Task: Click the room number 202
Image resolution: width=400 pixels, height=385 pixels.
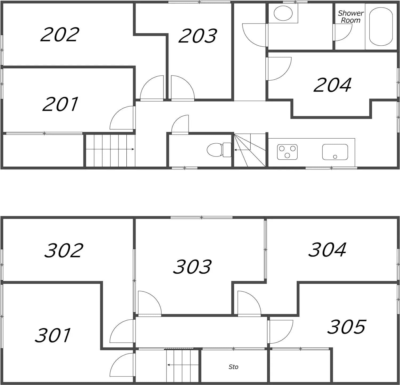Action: click(x=60, y=34)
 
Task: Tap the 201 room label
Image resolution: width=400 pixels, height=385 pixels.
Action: click(x=61, y=104)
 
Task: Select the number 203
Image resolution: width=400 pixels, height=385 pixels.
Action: click(x=198, y=36)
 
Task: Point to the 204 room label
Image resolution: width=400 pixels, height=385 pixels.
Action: click(x=333, y=85)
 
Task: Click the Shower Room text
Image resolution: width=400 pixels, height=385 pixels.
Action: click(x=351, y=17)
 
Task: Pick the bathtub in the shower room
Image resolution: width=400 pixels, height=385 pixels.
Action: click(x=381, y=26)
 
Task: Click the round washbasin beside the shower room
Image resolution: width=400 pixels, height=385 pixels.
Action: click(x=283, y=13)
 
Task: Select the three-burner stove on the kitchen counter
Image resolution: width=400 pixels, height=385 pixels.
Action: click(x=287, y=152)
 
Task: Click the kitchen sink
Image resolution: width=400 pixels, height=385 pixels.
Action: click(x=335, y=152)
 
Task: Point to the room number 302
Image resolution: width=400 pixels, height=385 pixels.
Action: click(x=64, y=250)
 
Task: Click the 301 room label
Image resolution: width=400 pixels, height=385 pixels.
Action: click(x=53, y=335)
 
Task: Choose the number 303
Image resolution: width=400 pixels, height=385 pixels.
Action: click(x=192, y=266)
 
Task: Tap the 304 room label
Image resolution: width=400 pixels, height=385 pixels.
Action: click(x=327, y=250)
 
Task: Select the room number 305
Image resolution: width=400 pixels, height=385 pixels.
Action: click(x=346, y=327)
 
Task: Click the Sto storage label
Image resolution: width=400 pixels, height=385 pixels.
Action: click(x=233, y=367)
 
